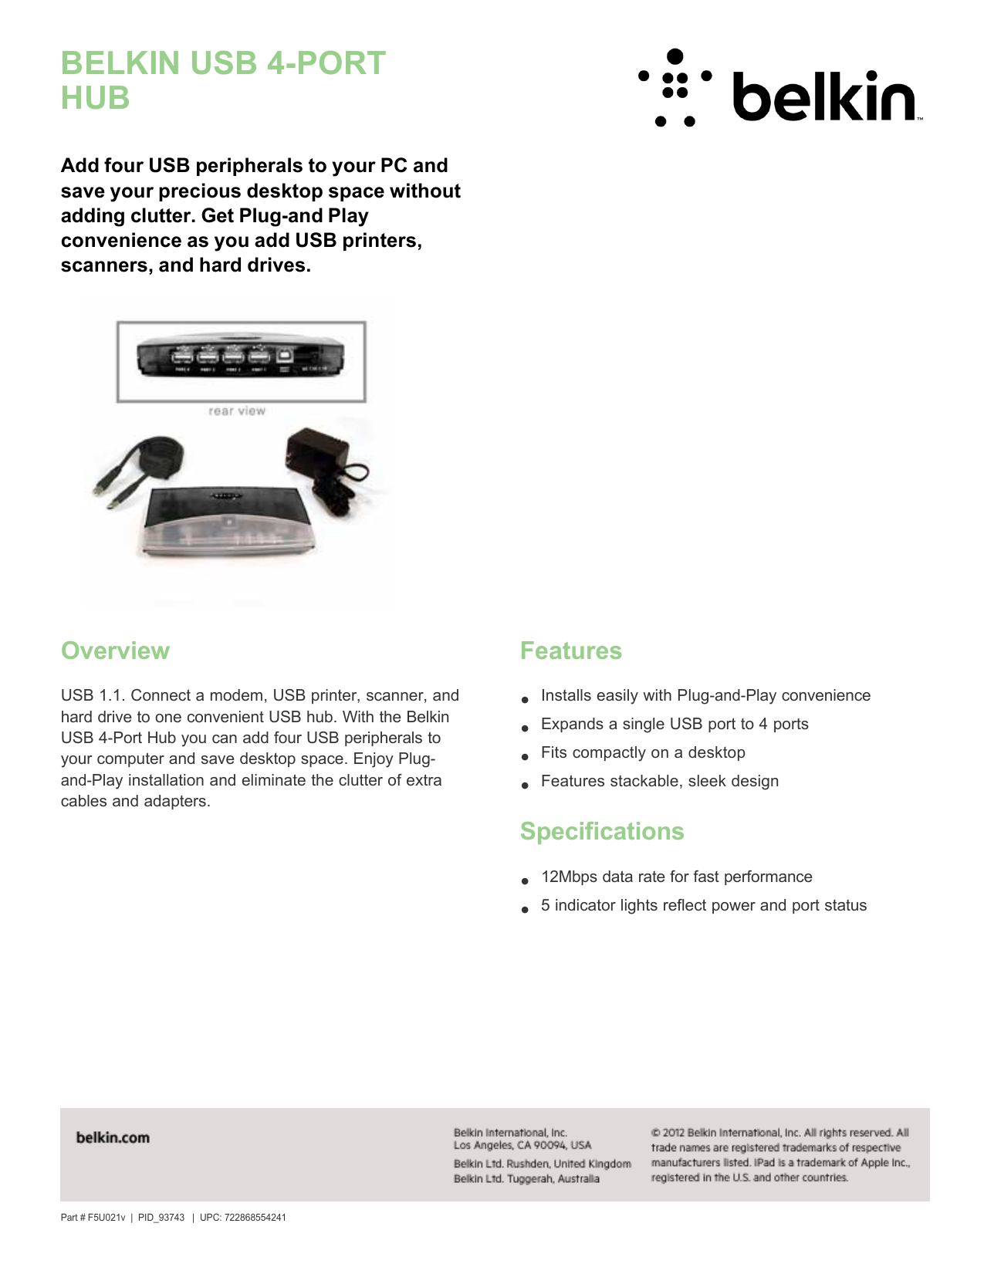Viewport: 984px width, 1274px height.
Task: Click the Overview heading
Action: point(115,651)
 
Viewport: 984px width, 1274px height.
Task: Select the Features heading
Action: point(570,651)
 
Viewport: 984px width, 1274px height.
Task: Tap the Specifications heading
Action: point(601,831)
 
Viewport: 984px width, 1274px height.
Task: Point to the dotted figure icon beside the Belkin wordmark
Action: point(675,86)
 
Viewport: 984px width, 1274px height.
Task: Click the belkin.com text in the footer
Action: point(113,1137)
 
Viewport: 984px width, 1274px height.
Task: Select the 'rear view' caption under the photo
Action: point(237,411)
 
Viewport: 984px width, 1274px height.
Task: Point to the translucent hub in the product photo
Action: point(227,525)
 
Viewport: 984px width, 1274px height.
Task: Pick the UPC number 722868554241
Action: point(255,1218)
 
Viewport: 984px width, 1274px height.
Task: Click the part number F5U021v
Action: point(106,1218)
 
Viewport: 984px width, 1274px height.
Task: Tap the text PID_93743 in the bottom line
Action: point(161,1218)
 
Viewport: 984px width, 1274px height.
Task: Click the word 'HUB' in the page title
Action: point(95,99)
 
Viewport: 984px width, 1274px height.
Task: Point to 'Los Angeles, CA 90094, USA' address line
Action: point(522,1145)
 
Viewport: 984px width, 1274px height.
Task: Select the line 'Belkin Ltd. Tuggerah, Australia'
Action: point(526,1178)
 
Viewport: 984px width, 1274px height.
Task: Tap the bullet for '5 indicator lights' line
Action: point(525,909)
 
